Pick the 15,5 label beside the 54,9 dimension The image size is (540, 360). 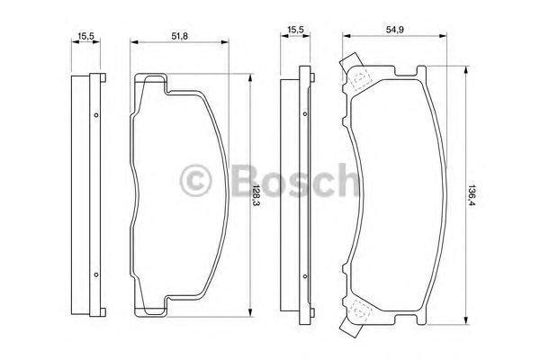click(x=294, y=30)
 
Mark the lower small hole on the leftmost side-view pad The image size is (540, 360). click(x=94, y=273)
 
